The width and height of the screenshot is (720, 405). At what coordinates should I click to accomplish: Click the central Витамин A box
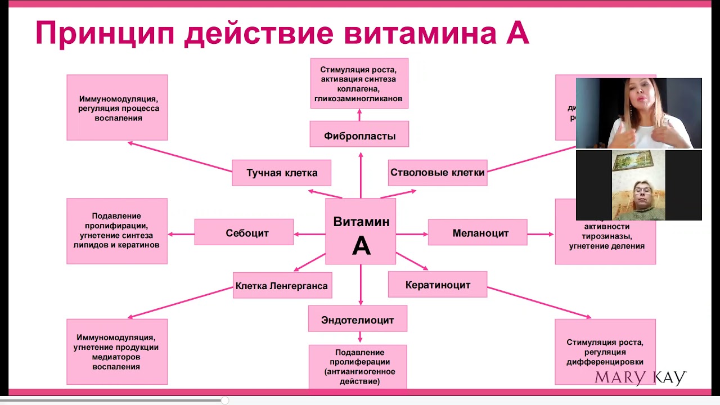coord(361,231)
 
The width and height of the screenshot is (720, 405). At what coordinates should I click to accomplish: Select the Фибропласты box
coord(359,135)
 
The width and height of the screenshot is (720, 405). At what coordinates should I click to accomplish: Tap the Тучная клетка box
coord(281,173)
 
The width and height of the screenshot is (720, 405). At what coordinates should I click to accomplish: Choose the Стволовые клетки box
coord(437,173)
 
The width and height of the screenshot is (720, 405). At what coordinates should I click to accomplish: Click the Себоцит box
coord(244,232)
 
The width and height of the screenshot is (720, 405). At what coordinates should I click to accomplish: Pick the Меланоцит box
coord(478,232)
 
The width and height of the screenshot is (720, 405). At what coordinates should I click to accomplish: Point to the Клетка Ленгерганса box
coord(282,286)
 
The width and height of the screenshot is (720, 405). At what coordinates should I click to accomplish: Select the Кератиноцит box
coord(438,285)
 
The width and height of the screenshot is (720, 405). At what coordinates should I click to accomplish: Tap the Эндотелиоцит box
coord(358,319)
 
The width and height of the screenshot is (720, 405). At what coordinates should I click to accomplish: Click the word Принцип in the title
coord(104,34)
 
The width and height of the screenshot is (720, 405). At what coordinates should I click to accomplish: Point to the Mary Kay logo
coord(641,377)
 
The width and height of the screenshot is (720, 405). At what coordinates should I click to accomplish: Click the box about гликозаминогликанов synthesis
coord(359,83)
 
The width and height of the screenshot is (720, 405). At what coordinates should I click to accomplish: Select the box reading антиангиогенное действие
coord(358,366)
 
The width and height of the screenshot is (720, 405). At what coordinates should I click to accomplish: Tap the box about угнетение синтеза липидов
coord(117,231)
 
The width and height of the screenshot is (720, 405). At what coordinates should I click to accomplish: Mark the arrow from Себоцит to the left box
coord(181,234)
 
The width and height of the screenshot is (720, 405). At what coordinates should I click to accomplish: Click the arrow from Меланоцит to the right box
coord(541,234)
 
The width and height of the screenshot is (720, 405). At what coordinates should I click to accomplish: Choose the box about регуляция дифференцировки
coord(605,352)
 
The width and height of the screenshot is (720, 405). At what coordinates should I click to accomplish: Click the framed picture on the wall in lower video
coord(629,162)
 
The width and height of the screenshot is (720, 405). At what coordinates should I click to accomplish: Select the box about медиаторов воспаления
coord(117,352)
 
